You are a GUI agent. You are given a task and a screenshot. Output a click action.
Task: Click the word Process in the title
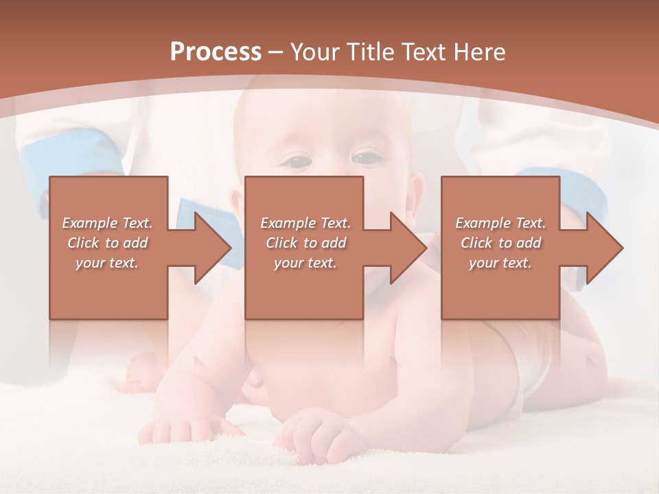point(216,52)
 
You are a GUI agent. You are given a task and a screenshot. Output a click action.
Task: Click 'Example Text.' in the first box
point(108,223)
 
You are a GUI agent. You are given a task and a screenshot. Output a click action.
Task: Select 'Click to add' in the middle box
point(305,243)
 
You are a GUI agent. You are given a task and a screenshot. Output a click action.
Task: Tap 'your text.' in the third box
point(500,263)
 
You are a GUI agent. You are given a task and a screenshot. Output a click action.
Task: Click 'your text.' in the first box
point(108,263)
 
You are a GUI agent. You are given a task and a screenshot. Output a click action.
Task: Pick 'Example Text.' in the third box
point(500,223)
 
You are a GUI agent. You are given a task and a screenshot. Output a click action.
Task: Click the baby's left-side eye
point(297,162)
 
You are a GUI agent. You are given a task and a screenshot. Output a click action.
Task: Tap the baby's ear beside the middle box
point(417,196)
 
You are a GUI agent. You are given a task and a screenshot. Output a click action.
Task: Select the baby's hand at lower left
point(172,429)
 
